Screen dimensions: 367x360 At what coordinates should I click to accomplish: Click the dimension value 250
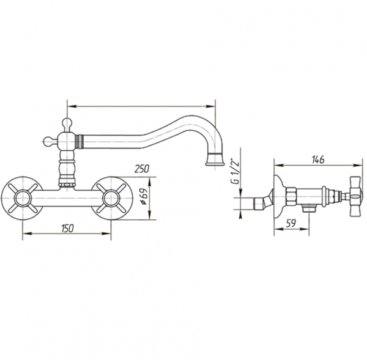(x=142, y=169)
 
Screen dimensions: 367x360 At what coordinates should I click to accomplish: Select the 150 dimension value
(x=67, y=228)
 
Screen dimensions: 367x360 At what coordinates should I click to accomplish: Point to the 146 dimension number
(x=318, y=160)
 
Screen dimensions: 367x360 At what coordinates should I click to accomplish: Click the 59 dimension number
(x=291, y=223)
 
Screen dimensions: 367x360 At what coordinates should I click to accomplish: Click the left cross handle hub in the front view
(x=23, y=199)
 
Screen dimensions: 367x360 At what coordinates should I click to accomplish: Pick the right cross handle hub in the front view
(x=111, y=199)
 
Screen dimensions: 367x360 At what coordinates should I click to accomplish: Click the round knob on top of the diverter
(x=67, y=123)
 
